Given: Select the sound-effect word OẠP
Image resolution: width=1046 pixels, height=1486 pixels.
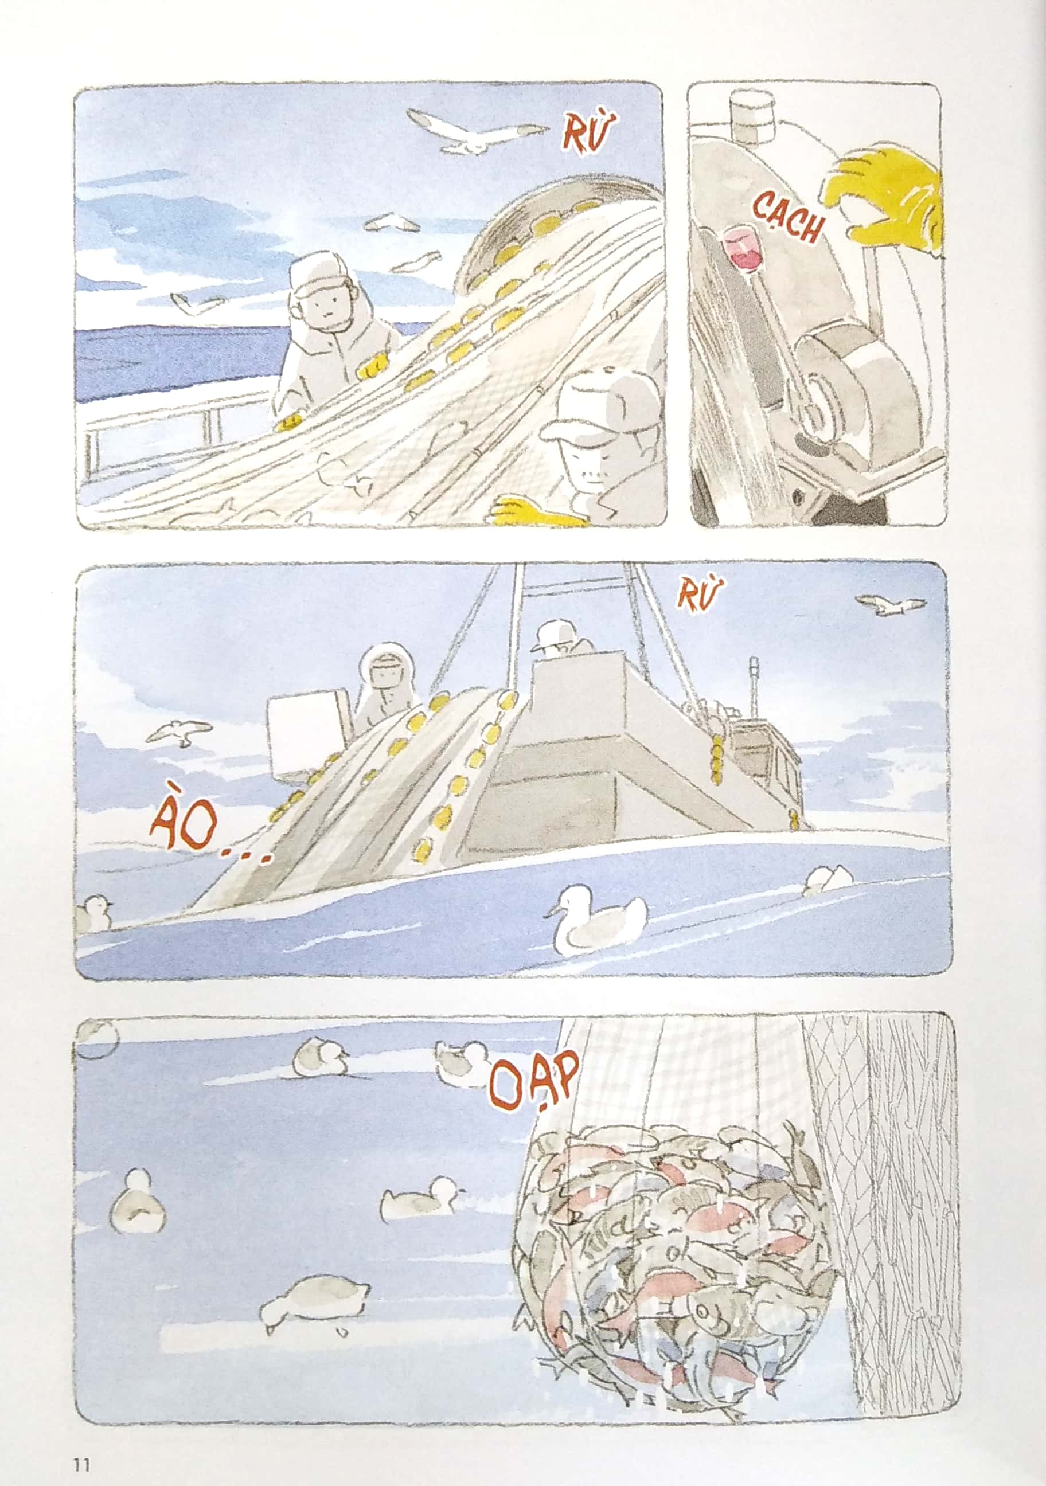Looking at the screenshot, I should tap(533, 1080).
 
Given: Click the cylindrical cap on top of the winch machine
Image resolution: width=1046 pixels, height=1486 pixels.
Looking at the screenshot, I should tap(753, 117).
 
